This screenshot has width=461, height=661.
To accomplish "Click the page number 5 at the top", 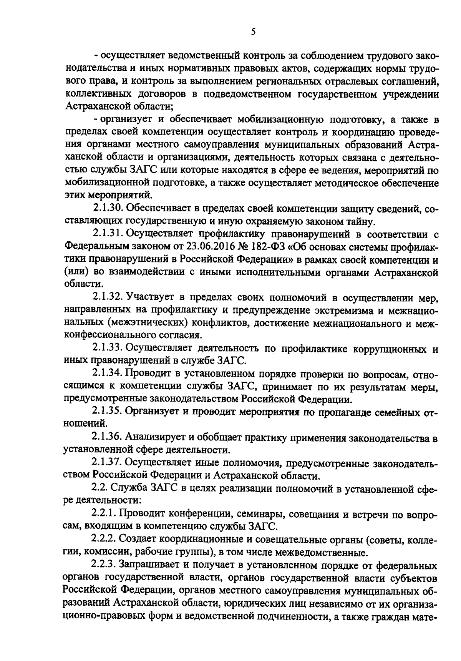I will click(x=253, y=33).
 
